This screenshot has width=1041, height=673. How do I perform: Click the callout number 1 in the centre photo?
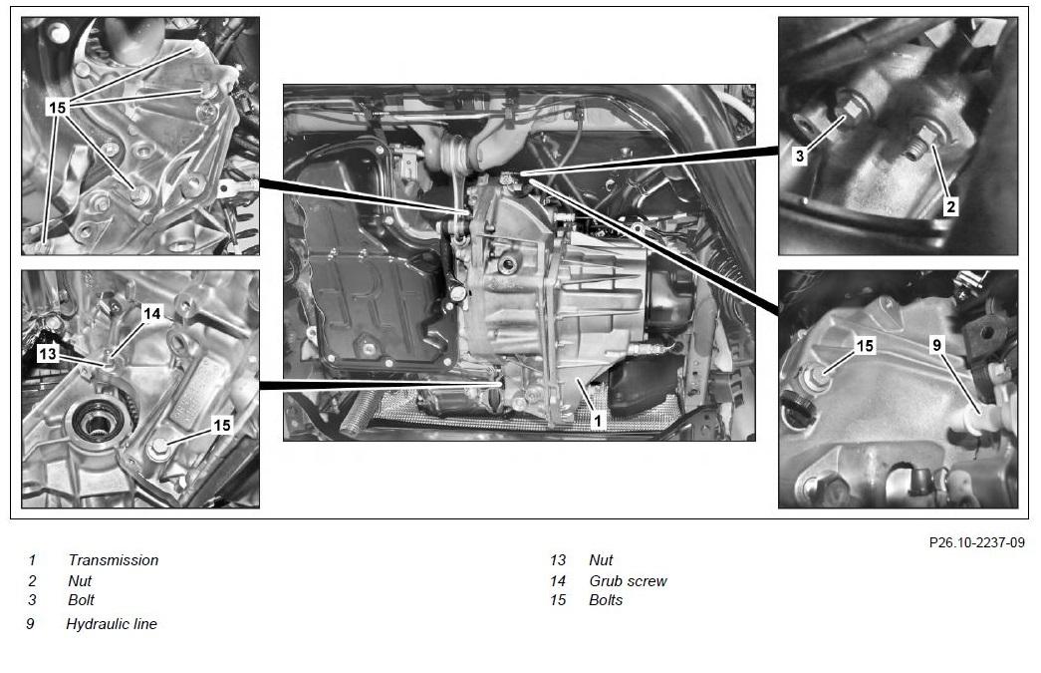coord(598,420)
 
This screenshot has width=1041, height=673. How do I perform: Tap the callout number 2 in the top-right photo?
coord(950,206)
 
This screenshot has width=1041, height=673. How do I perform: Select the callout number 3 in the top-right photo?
coord(800,157)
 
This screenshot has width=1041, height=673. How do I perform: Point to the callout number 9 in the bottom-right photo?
coord(936,345)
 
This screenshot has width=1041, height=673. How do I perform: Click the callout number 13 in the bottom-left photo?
coord(48,353)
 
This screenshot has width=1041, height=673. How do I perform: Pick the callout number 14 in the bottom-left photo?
coord(152,314)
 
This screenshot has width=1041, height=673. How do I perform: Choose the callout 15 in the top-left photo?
coord(58,107)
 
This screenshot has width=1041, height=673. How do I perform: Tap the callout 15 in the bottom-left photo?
coord(222,425)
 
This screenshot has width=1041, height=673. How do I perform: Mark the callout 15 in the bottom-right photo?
coord(865,345)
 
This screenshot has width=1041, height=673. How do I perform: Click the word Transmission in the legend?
coord(114,560)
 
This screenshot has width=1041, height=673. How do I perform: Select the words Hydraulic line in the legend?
coord(112,624)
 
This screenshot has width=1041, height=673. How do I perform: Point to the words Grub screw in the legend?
coord(628,580)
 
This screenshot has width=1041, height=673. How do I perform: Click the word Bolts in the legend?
coord(606,600)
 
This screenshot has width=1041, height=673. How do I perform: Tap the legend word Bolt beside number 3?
coord(82,600)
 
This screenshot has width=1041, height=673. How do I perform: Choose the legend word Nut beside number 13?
coord(601,560)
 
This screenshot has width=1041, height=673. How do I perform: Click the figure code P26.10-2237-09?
coord(977,542)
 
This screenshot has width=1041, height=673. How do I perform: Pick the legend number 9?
coord(30,624)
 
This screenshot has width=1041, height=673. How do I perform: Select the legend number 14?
coord(558,580)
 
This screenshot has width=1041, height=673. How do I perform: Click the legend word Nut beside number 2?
coord(80,580)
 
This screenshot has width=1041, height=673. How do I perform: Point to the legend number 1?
coord(32,560)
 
